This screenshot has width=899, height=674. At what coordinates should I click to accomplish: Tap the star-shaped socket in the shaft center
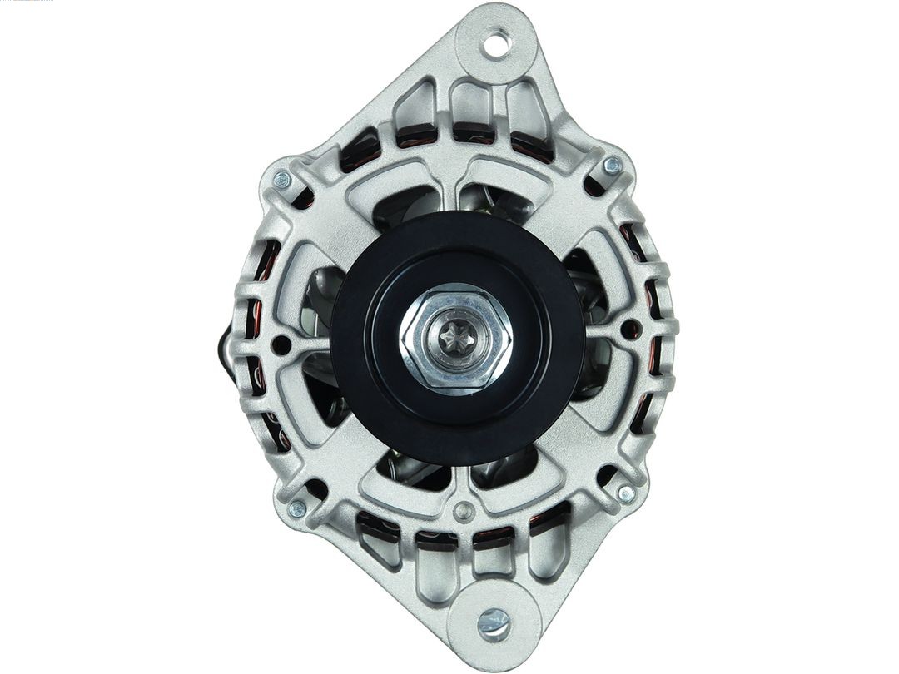[x=454, y=337]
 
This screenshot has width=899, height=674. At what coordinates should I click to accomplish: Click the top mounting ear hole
[x=497, y=42]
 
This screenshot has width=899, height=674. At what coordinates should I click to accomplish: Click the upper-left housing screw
[x=282, y=179]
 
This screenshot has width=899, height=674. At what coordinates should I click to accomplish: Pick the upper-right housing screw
[x=612, y=166]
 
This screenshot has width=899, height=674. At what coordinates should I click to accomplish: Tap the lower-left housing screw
[x=296, y=508]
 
